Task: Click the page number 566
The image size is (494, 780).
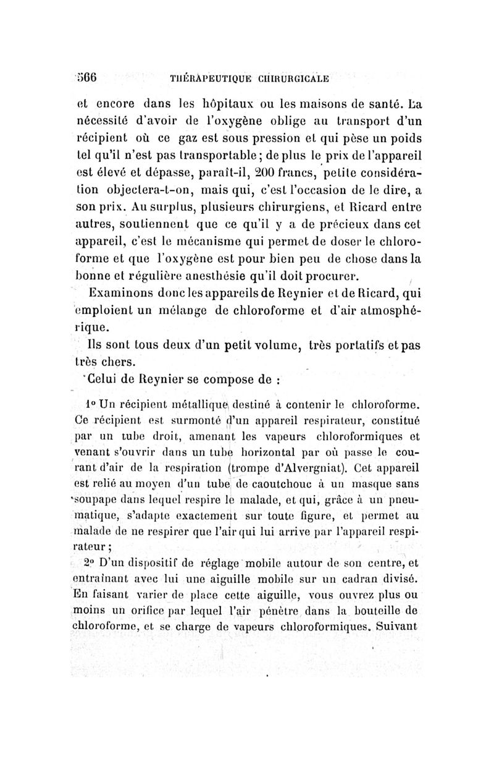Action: tap(87, 78)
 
